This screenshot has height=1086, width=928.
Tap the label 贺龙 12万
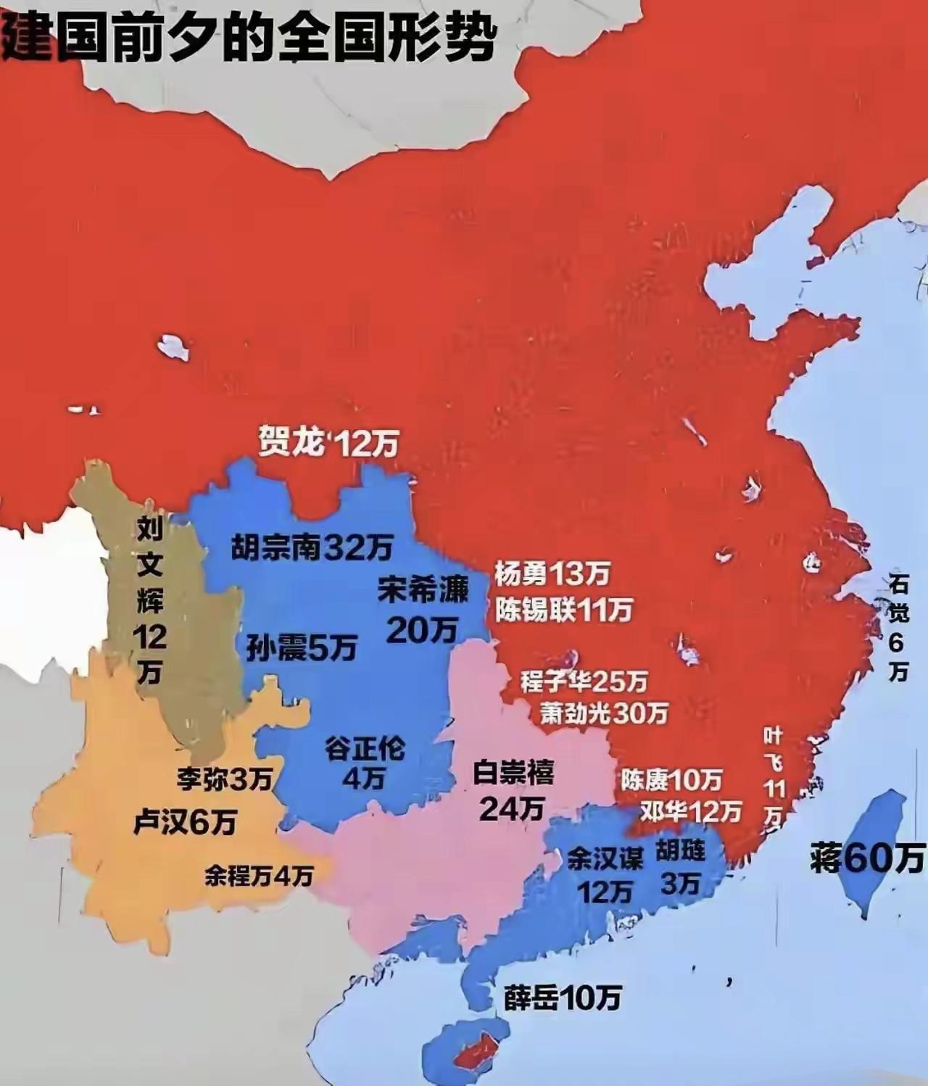[x=328, y=442]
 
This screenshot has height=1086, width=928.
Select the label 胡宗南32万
[x=312, y=547]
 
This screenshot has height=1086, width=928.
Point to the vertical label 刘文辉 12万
[x=150, y=600]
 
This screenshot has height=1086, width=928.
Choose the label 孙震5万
[x=302, y=647]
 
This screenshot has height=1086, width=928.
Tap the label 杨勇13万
[x=552, y=574]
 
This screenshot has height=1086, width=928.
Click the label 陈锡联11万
[x=563, y=610]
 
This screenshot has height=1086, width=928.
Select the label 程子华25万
[x=584, y=681]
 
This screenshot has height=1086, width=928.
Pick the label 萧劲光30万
[x=603, y=714]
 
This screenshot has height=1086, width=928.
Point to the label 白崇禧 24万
[x=513, y=789]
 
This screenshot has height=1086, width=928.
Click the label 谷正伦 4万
[x=365, y=763]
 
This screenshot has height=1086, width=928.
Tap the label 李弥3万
[x=225, y=779]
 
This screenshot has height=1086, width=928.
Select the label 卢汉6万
[x=186, y=822]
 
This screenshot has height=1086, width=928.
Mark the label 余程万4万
[x=259, y=876]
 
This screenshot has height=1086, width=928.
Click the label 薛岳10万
[x=563, y=998]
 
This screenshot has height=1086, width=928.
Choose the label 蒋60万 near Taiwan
[x=867, y=859]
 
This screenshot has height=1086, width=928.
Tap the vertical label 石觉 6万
[x=898, y=628]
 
